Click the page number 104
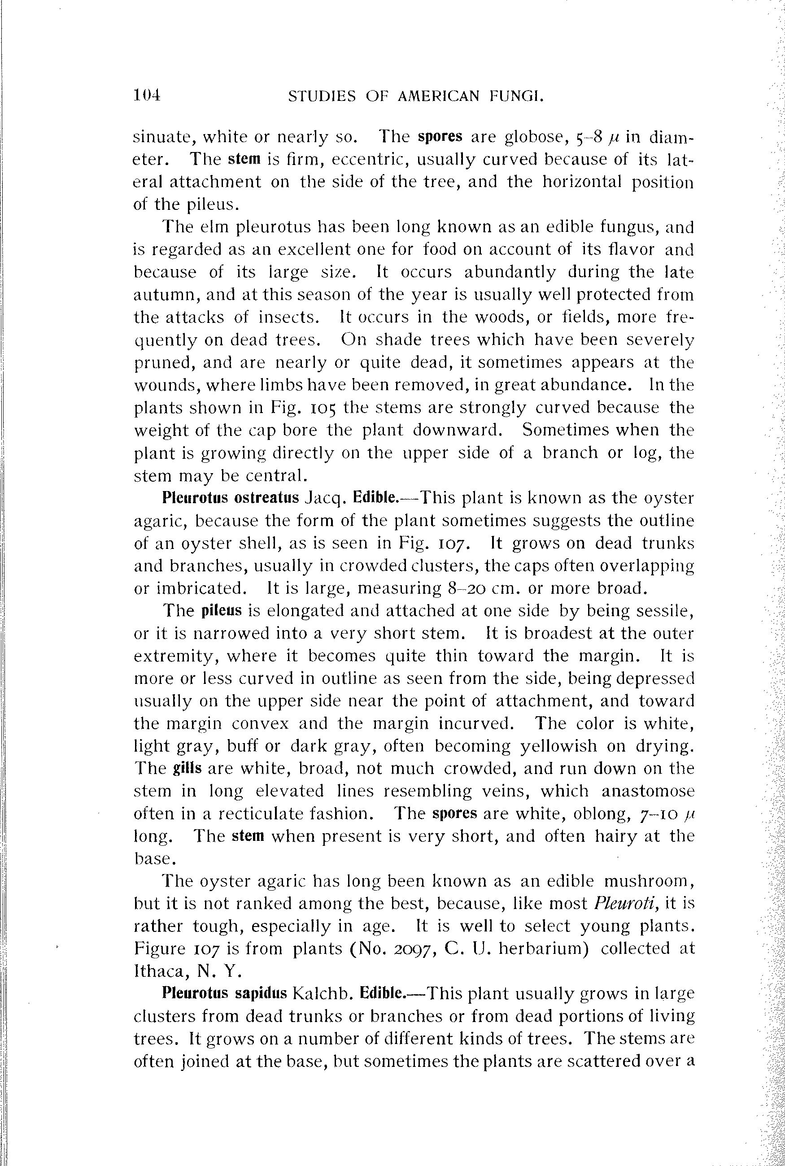(x=147, y=95)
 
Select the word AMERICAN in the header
(x=439, y=96)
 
